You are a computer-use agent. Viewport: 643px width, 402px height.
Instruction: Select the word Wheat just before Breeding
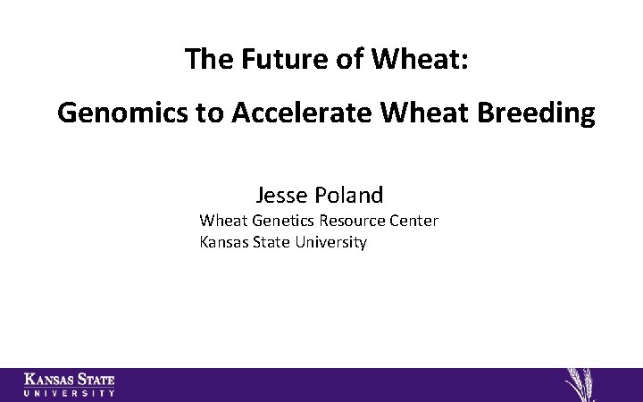pos(430,113)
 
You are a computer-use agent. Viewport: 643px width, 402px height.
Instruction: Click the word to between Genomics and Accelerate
pos(209,113)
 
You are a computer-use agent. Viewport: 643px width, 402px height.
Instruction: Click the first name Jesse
pos(281,195)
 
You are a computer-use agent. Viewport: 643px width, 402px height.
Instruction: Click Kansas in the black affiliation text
pos(223,242)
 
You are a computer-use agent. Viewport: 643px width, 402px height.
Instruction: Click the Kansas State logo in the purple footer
pos(70,384)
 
